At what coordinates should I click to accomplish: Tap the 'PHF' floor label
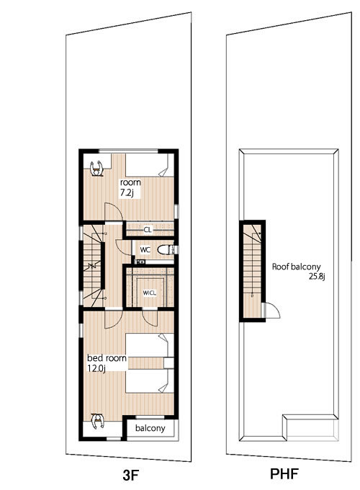click(284, 473)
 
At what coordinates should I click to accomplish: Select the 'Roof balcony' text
click(296, 267)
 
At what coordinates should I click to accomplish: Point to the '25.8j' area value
click(317, 276)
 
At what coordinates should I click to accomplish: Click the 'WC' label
click(145, 250)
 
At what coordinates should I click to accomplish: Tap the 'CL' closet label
click(148, 230)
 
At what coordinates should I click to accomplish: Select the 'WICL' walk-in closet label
click(149, 293)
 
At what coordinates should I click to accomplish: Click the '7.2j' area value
click(127, 193)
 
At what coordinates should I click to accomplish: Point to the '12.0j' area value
click(96, 368)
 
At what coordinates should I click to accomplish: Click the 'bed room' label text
click(107, 358)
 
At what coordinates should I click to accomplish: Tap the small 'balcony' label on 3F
click(150, 428)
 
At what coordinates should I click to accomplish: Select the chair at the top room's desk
click(96, 169)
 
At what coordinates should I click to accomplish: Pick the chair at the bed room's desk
click(98, 421)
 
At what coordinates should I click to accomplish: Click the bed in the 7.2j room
click(150, 165)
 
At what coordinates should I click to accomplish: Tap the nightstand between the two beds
click(168, 362)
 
